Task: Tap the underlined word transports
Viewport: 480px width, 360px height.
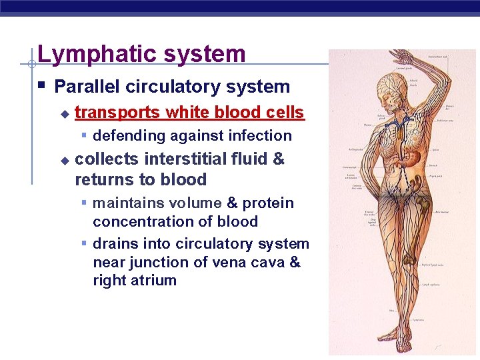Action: tap(117, 113)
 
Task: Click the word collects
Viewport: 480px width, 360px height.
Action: tap(107, 159)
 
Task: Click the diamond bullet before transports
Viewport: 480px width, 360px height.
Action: tap(64, 114)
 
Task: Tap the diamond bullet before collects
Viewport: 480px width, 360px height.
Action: tap(64, 161)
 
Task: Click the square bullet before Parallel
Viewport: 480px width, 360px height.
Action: tap(41, 85)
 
